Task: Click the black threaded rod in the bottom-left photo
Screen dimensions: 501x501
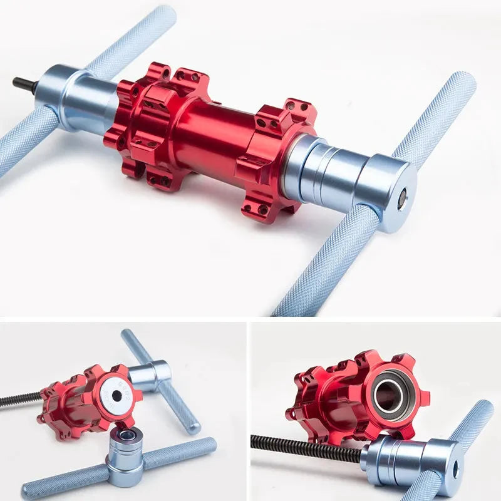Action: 19,400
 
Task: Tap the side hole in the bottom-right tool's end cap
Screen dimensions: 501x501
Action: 455,467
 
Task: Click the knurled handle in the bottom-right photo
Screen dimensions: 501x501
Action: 467,432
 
